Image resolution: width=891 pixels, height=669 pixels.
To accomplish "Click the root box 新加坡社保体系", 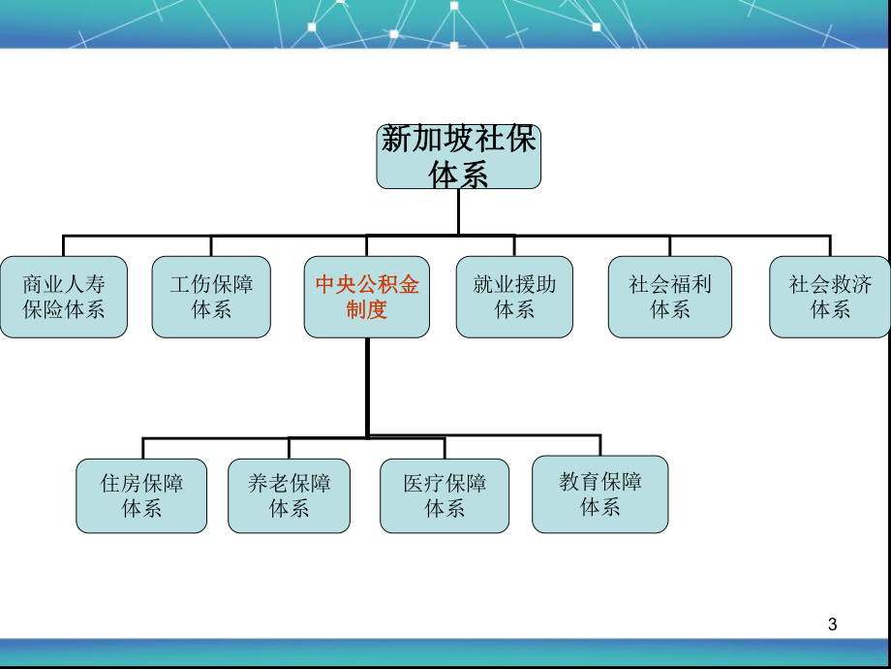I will (x=458, y=155).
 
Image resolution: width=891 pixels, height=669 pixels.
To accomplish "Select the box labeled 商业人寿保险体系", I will (x=64, y=297).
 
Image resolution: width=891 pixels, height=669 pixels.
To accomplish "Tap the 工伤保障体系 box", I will (x=211, y=297).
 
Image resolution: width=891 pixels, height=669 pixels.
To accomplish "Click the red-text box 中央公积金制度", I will (x=367, y=297).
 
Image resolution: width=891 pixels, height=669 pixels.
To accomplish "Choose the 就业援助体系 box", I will (x=514, y=297).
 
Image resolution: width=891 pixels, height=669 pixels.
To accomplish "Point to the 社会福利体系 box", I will (x=670, y=297).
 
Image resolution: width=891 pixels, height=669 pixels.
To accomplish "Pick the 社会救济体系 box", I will (x=830, y=297).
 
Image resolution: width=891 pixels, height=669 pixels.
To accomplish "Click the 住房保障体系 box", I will (x=141, y=495).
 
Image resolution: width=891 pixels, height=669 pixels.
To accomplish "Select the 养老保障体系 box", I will (x=289, y=495).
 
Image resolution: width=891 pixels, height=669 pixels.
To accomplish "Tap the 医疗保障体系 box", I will (x=445, y=495).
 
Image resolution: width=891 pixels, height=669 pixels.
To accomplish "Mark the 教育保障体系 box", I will (x=600, y=494).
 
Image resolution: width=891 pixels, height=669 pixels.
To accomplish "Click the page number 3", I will (x=833, y=625).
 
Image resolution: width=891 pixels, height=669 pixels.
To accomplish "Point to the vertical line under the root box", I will (x=458, y=211).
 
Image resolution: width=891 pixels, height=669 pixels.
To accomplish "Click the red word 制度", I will (x=367, y=310).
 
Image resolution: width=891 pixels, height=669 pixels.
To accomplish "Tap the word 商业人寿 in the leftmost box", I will (x=64, y=285).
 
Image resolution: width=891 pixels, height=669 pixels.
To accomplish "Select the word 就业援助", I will (x=514, y=285).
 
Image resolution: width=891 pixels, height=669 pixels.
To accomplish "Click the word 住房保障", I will (x=141, y=484).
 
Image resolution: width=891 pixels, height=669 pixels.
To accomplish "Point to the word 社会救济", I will (x=830, y=285).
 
